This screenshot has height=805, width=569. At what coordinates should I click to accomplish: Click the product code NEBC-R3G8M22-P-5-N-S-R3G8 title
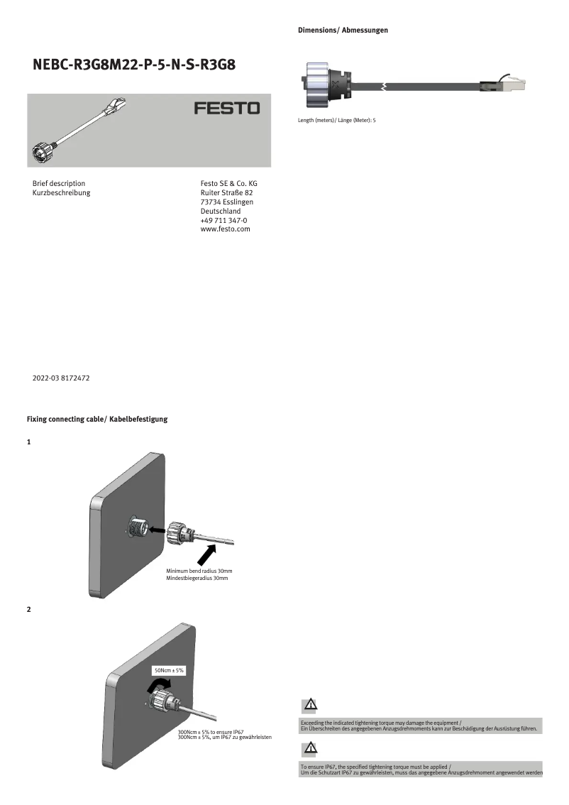click(x=134, y=65)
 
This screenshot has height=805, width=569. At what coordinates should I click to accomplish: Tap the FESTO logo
click(x=227, y=109)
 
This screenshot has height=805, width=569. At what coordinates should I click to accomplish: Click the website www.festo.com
click(x=226, y=229)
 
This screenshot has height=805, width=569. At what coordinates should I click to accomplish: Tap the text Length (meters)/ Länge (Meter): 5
click(x=336, y=120)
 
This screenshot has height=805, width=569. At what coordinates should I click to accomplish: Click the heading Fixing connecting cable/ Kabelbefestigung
click(x=97, y=420)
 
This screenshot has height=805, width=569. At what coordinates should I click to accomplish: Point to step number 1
click(x=29, y=442)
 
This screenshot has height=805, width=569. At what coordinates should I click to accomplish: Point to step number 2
click(x=29, y=610)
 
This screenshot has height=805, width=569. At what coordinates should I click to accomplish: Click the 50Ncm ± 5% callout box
click(x=169, y=670)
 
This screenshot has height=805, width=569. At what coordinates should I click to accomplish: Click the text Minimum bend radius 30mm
click(x=199, y=571)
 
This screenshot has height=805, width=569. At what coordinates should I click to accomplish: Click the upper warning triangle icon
click(x=310, y=705)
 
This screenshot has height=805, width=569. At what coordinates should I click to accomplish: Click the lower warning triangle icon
click(x=310, y=747)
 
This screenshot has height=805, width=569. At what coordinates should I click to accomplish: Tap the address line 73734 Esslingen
click(x=227, y=202)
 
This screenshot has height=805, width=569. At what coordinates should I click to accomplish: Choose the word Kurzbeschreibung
click(x=62, y=192)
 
